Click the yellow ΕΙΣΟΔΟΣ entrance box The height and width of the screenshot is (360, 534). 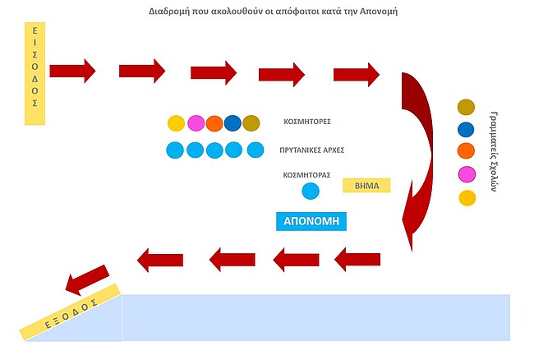click(35, 74)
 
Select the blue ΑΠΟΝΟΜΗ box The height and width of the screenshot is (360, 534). click(311, 221)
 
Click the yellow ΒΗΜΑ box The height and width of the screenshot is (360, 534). click(366, 185)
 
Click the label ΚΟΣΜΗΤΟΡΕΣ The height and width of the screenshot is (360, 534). click(306, 121)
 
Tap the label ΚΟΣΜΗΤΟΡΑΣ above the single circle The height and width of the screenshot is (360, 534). click(306, 175)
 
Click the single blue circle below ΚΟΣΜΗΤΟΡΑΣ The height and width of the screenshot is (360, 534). click(311, 192)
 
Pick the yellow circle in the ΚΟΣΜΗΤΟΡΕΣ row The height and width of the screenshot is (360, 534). click(176, 123)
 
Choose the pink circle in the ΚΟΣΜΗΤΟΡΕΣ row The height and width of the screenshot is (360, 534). click(196, 123)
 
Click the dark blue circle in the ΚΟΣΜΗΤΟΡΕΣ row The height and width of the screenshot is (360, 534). click(232, 123)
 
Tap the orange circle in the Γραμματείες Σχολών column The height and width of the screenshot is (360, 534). click(467, 151)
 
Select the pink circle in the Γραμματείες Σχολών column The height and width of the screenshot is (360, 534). click(467, 174)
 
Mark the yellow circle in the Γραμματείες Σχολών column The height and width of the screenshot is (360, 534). click(467, 197)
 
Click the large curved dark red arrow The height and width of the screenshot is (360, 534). click(421, 156)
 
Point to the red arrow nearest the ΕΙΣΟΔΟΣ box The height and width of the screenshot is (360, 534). click(72, 69)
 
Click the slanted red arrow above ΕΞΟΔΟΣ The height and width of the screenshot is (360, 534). click(85, 279)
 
